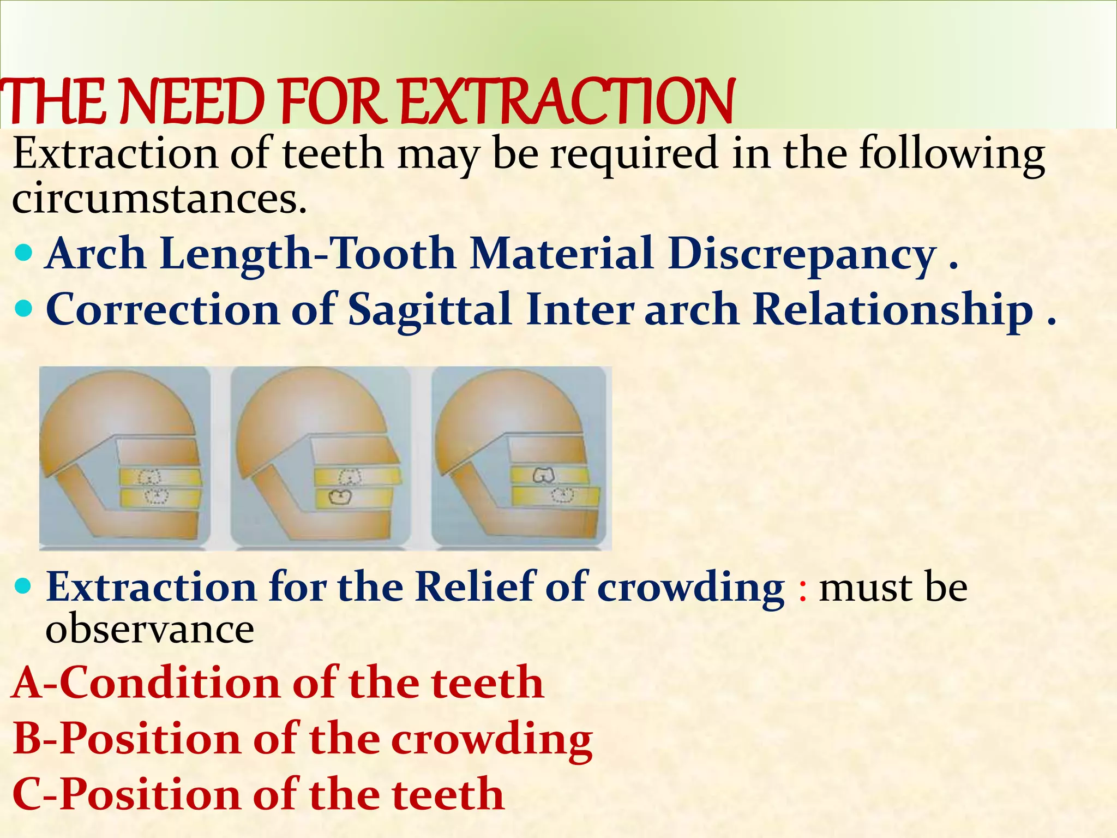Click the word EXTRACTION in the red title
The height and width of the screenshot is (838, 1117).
click(567, 102)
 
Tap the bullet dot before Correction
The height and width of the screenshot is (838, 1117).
click(25, 309)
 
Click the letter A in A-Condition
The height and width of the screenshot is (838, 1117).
click(27, 683)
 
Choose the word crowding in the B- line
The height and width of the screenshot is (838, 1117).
click(491, 739)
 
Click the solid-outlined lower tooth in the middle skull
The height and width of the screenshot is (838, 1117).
click(341, 498)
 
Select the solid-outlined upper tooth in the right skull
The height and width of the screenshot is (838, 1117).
click(543, 475)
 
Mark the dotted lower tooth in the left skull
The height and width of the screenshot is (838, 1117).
click(156, 495)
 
